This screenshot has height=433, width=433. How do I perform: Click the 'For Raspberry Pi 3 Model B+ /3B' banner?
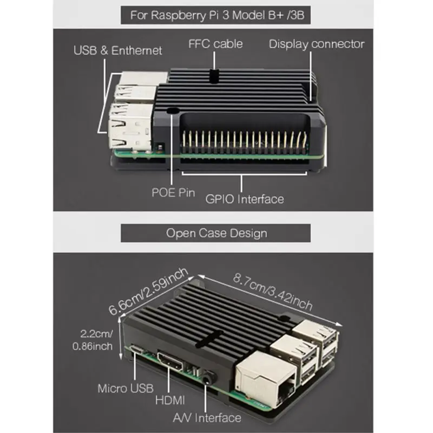pos(215,15)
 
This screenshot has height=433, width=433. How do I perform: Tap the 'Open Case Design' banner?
pos(215,233)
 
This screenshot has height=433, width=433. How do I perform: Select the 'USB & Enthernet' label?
pos(117,50)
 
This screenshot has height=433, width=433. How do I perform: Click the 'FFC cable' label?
pos(215,44)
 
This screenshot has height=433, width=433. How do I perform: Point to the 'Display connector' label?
pos(317,44)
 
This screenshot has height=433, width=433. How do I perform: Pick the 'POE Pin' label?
pos(173,193)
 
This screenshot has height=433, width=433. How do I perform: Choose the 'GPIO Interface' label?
pos(245,199)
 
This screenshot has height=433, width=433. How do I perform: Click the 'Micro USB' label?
pos(126,389)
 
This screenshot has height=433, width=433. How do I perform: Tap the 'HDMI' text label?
pos(170,400)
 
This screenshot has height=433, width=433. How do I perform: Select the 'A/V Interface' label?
pos(207,418)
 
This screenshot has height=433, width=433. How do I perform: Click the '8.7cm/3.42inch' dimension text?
pos(273,292)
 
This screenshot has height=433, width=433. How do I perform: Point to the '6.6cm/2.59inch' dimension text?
pos(148,291)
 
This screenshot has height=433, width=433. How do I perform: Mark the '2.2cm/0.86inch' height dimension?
pos(93,340)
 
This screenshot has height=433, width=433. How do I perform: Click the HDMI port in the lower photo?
pos(170,360)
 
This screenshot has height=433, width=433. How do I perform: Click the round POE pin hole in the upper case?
pos(173,111)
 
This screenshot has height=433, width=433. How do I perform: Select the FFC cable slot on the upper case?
pos(214,75)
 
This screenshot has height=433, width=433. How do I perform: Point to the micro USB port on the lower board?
pos(137,349)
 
